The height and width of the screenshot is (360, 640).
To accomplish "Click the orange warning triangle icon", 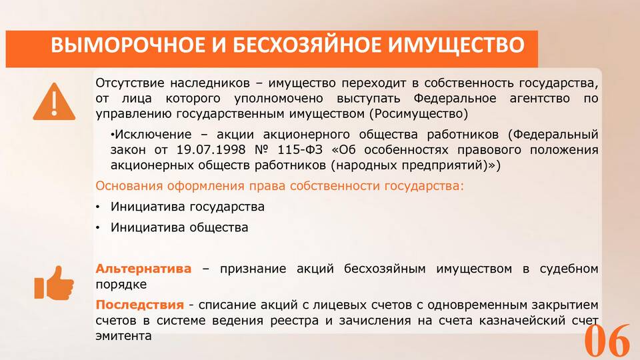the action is click(x=54, y=102).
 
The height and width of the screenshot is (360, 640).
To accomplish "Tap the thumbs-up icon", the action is click(x=54, y=283).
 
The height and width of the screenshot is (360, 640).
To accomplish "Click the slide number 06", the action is click(x=607, y=340).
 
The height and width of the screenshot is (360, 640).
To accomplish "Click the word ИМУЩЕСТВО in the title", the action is click(x=456, y=45).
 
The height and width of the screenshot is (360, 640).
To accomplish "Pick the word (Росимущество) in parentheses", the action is click(x=419, y=114).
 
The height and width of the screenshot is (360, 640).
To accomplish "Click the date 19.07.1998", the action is click(x=211, y=150).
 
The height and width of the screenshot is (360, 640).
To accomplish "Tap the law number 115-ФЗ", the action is click(x=300, y=150).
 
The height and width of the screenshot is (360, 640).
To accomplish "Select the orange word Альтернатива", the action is click(x=143, y=269).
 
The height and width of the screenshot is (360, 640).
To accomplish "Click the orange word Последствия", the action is click(x=139, y=305).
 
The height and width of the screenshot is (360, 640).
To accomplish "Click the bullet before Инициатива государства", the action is click(x=97, y=207).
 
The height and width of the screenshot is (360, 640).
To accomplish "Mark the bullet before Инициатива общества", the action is click(x=97, y=228).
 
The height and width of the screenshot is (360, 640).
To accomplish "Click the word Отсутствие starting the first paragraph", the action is click(x=129, y=83).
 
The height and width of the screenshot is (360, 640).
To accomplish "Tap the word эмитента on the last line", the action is click(x=123, y=336).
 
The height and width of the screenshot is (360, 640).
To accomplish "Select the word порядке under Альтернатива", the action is click(x=121, y=285).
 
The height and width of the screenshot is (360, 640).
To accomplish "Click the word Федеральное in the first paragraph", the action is click(x=455, y=99).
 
